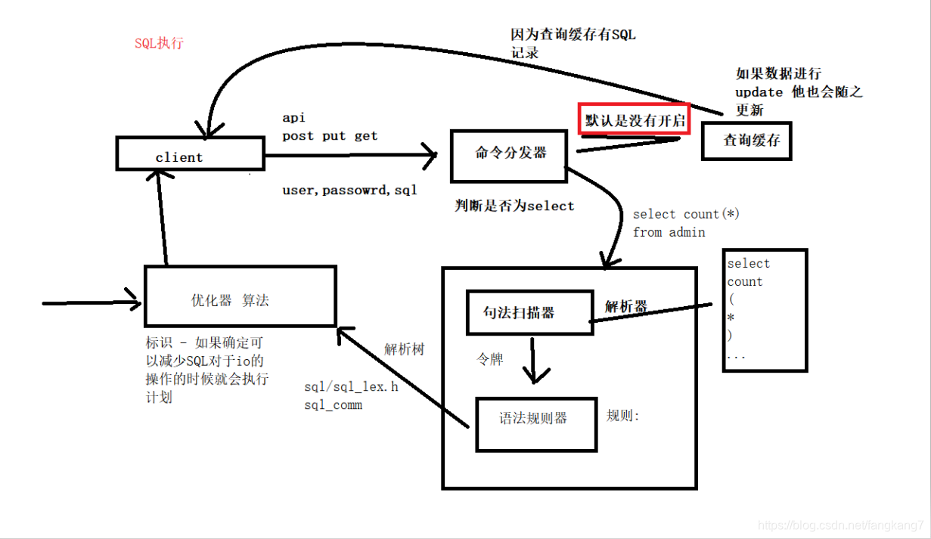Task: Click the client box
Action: pos(189,153)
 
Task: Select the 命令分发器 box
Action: pos(508,156)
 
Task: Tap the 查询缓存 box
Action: pos(746,140)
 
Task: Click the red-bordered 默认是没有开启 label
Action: pos(634,119)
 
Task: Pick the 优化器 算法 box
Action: pos(240,296)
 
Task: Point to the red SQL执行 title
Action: pos(159,43)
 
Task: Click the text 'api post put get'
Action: pos(330,127)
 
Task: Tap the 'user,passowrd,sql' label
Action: pos(349,191)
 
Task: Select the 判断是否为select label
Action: pos(514,206)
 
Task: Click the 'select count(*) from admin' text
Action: pos(685,223)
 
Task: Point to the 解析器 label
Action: pos(625,306)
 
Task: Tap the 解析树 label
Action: pos(404,349)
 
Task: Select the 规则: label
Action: pos(623,416)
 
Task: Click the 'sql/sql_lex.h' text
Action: pos(351,387)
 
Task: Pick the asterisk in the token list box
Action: pos(731,318)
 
